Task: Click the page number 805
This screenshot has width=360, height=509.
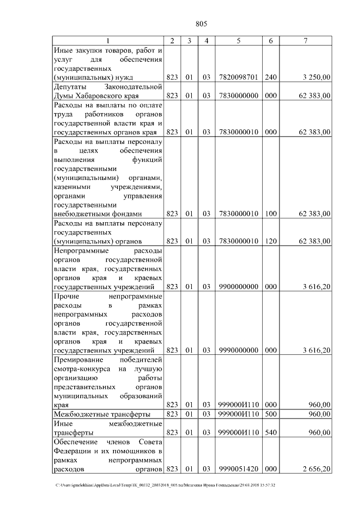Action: pos(202,23)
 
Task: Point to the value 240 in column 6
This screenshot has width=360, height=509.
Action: pos(271,76)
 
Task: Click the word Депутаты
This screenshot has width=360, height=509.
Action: pos(73,87)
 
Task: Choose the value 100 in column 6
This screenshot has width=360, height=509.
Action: pos(271,214)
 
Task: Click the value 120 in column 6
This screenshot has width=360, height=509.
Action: pos(271,241)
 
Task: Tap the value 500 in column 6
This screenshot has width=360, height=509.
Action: pos(271,415)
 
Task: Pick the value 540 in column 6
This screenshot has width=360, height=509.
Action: pos(271,433)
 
